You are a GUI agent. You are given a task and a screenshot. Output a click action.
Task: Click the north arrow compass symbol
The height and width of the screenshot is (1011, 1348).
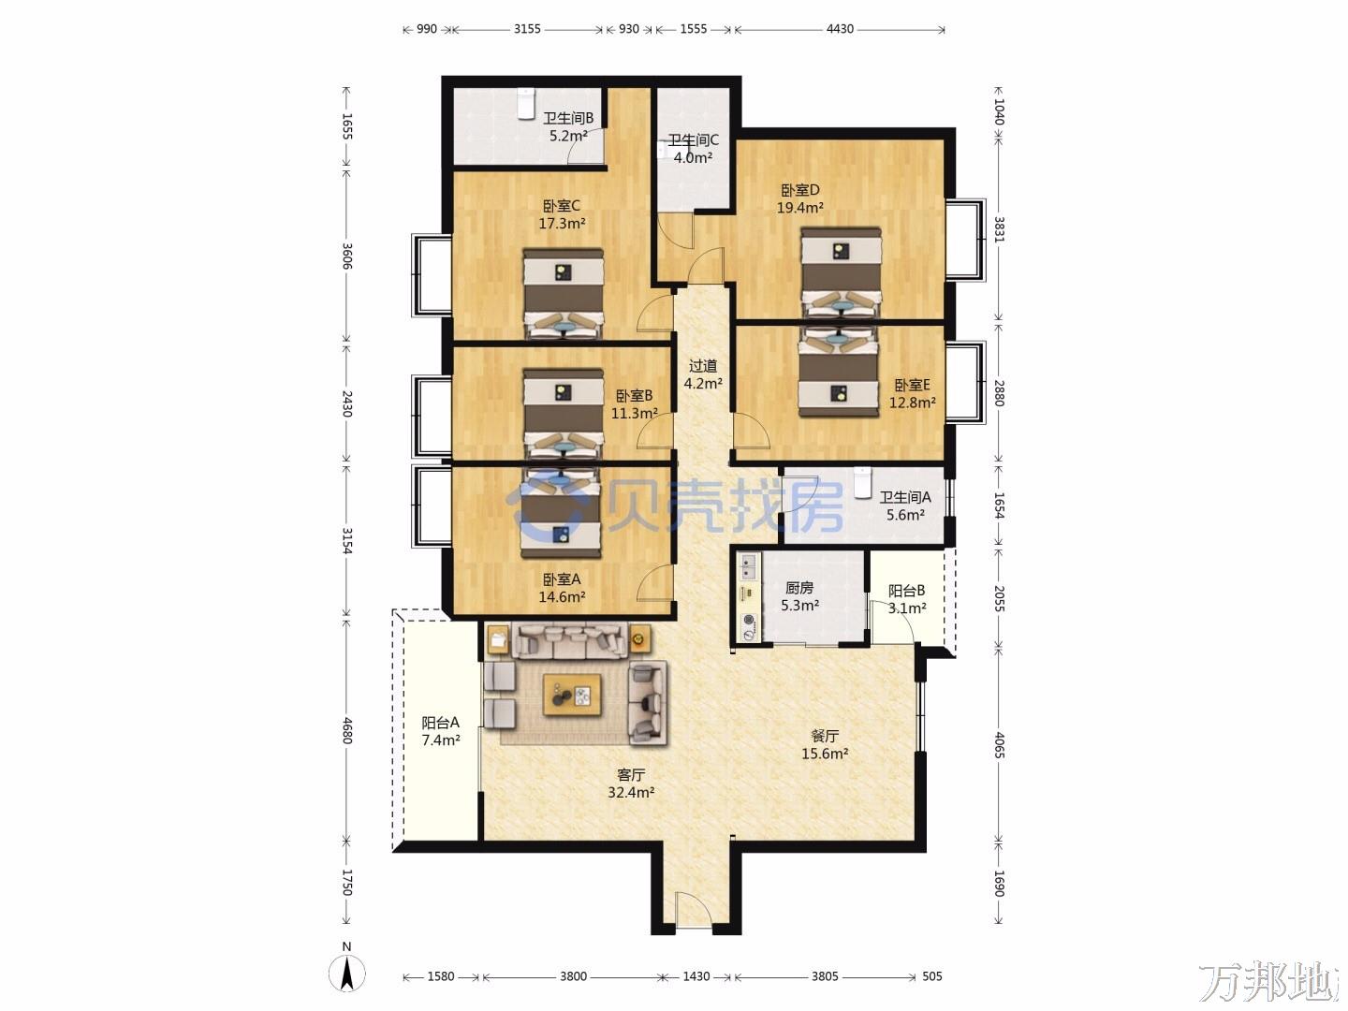(x=346, y=974)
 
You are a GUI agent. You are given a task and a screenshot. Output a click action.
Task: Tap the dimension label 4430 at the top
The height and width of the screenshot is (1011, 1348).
(x=840, y=29)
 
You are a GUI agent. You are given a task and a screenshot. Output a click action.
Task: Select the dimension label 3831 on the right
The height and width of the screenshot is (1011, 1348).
(x=999, y=229)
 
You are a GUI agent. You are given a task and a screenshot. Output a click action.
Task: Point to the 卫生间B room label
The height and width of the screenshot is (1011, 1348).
(x=568, y=119)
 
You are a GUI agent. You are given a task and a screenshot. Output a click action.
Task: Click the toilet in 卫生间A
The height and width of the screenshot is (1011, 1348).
(x=863, y=482)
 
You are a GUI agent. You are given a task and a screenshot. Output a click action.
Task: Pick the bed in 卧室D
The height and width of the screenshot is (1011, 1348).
(x=841, y=272)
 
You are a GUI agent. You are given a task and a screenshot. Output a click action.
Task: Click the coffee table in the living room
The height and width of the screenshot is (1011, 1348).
(x=572, y=695)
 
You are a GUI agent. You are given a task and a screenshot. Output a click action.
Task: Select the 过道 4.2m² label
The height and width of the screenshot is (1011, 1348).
(x=703, y=374)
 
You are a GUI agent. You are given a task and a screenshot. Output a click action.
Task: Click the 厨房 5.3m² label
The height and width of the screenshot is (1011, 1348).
(x=799, y=596)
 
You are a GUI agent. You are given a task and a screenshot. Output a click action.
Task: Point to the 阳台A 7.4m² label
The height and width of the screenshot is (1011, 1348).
(x=440, y=731)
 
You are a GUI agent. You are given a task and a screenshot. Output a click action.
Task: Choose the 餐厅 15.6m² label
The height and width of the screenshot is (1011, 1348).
(x=825, y=744)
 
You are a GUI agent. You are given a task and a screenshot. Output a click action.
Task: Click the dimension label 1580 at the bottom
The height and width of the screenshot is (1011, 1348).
(x=440, y=976)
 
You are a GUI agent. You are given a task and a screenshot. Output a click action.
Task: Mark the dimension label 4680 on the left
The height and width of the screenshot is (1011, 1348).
(x=347, y=730)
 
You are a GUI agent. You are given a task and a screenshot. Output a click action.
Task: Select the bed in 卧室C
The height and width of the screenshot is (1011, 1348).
(x=564, y=293)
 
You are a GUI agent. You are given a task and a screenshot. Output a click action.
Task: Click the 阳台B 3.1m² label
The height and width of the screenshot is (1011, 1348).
(x=907, y=599)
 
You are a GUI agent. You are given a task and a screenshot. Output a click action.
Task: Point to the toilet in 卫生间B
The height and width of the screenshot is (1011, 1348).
(x=526, y=103)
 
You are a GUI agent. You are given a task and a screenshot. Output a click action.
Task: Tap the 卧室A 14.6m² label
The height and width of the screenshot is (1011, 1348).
(x=562, y=588)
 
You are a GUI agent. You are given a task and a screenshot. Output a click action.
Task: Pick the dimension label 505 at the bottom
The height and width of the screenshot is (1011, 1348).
(x=931, y=976)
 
